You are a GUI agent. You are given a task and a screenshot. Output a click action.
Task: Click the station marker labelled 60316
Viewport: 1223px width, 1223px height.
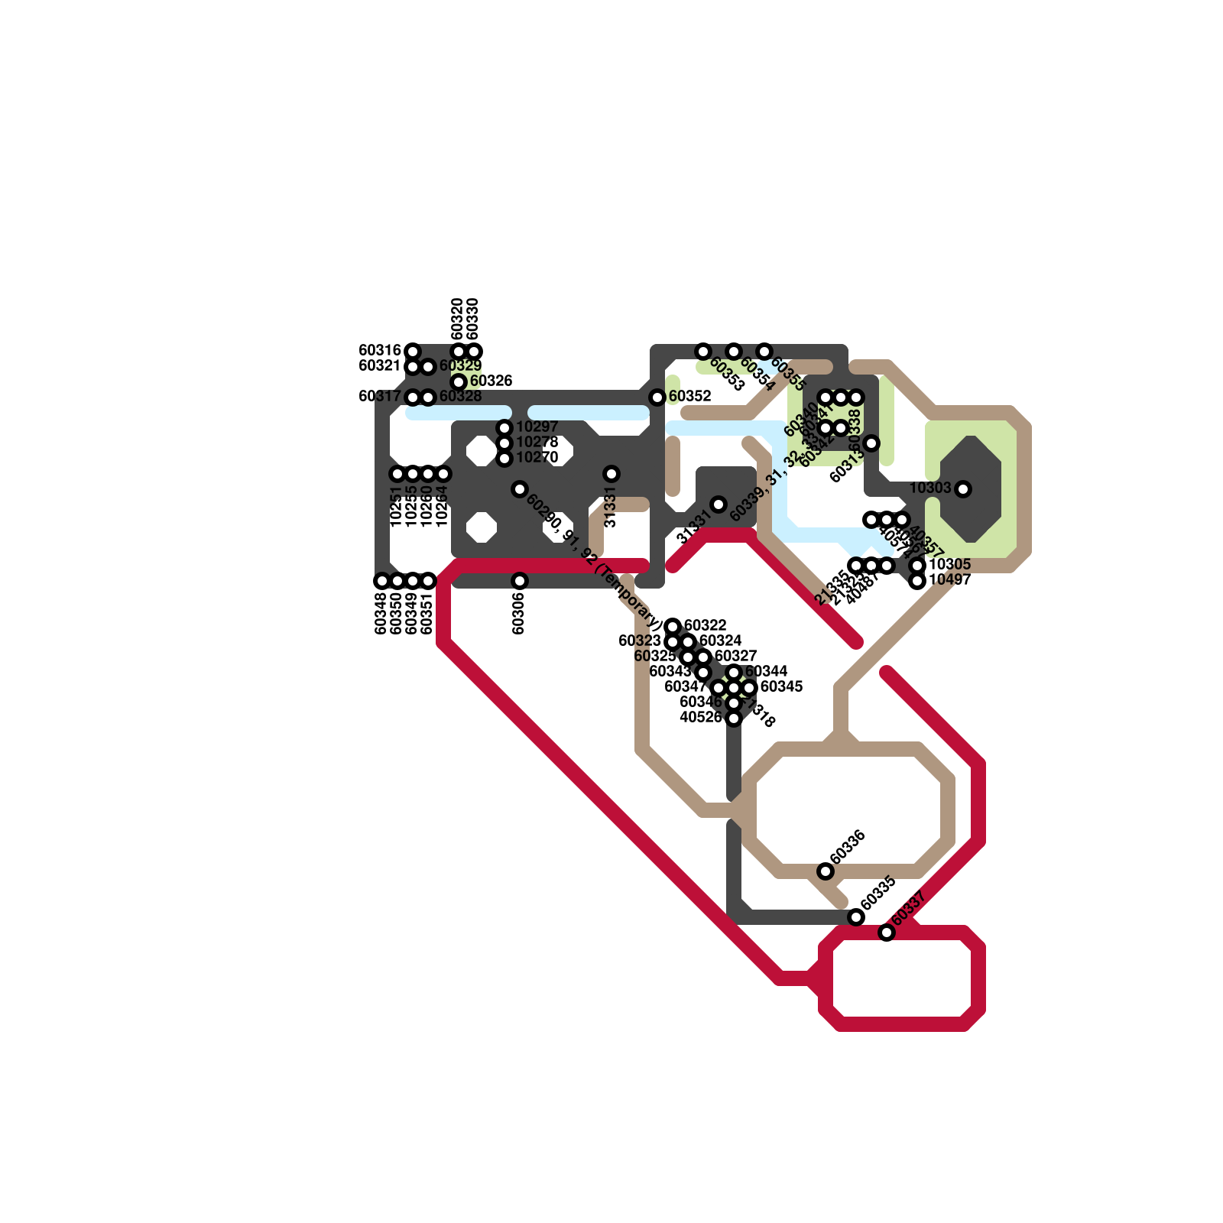click(x=413, y=351)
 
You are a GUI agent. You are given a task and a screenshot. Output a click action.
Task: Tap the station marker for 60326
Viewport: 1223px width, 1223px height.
click(x=459, y=381)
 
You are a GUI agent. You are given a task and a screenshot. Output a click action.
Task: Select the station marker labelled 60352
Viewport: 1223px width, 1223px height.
click(x=657, y=397)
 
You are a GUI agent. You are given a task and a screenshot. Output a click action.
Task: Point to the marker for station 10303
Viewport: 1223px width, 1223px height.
click(x=963, y=488)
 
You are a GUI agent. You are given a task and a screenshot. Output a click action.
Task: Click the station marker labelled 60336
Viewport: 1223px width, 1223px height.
click(x=826, y=871)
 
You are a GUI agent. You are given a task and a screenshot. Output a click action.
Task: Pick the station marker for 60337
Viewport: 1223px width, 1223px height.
click(x=887, y=932)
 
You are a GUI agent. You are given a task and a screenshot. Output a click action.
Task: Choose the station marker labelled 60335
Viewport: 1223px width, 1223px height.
click(x=856, y=916)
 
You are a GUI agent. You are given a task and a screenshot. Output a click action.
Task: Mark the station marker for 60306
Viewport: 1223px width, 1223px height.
click(x=520, y=580)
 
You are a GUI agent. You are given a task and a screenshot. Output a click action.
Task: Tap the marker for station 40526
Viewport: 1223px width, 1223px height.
click(x=734, y=718)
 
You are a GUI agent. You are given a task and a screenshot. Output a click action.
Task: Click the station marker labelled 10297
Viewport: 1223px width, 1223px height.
click(x=504, y=427)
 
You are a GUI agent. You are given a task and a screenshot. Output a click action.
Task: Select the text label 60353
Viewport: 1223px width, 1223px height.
click(x=726, y=374)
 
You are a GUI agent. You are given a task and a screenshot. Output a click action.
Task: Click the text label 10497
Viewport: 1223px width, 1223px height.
click(x=950, y=579)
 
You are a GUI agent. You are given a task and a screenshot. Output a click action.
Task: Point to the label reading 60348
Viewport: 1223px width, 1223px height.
click(x=381, y=613)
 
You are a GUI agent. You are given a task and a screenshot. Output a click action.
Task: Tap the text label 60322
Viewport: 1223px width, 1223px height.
click(x=705, y=625)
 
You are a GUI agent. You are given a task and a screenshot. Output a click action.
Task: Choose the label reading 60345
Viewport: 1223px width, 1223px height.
click(x=781, y=686)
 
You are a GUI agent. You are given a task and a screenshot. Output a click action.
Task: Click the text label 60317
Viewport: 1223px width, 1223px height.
click(x=380, y=396)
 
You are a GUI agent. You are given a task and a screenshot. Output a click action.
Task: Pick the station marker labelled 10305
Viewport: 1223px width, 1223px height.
click(x=918, y=565)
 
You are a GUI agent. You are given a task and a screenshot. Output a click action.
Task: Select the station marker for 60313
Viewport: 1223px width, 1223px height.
click(x=871, y=443)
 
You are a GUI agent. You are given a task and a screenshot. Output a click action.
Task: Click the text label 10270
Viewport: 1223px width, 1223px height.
click(x=537, y=457)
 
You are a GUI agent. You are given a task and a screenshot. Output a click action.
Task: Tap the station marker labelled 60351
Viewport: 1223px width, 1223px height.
click(x=428, y=580)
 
